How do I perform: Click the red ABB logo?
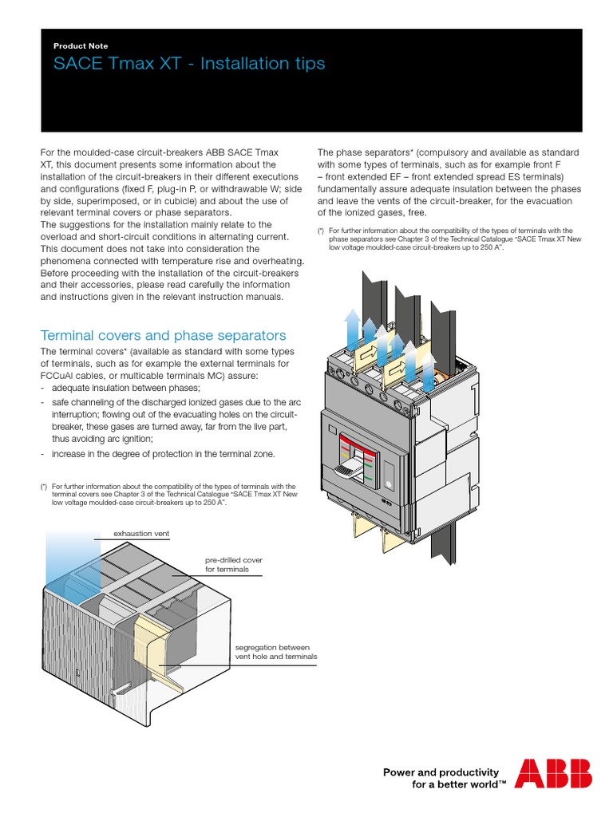(x=553, y=773)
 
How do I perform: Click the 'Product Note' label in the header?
(x=81, y=46)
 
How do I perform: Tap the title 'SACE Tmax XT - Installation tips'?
(x=189, y=64)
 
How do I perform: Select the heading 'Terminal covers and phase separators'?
(x=163, y=335)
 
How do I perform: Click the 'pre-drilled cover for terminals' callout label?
(x=233, y=565)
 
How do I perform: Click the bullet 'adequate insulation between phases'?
(x=125, y=387)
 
